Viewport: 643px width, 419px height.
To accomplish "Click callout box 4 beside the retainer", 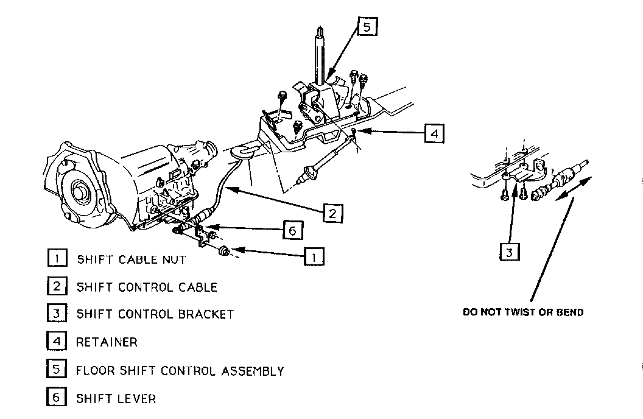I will pos(434,132).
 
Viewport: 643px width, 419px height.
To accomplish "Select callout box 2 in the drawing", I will pos(332,213).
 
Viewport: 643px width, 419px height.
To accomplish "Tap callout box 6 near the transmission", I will pos(292,230).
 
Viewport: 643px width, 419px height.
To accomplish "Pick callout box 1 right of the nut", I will pos(314,256).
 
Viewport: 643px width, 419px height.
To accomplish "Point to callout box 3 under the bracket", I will pos(510,252).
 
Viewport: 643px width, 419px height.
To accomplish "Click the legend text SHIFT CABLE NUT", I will pos(131,259).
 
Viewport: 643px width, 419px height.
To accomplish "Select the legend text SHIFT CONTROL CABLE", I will pos(146,287).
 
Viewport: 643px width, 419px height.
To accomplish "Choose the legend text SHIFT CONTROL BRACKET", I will pos(155,314).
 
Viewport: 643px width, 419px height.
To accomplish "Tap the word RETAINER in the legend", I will pos(107,342).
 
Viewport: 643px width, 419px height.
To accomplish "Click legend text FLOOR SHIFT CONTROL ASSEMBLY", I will pos(180,370).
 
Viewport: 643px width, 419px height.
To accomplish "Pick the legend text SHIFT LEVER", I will pos(116,399).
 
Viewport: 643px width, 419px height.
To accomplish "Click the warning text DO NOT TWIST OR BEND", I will pos(523,312).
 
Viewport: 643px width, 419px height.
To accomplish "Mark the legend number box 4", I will pos(56,342).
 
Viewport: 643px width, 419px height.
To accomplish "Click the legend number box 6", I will pos(56,398).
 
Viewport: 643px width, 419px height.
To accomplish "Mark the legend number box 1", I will pos(56,259).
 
